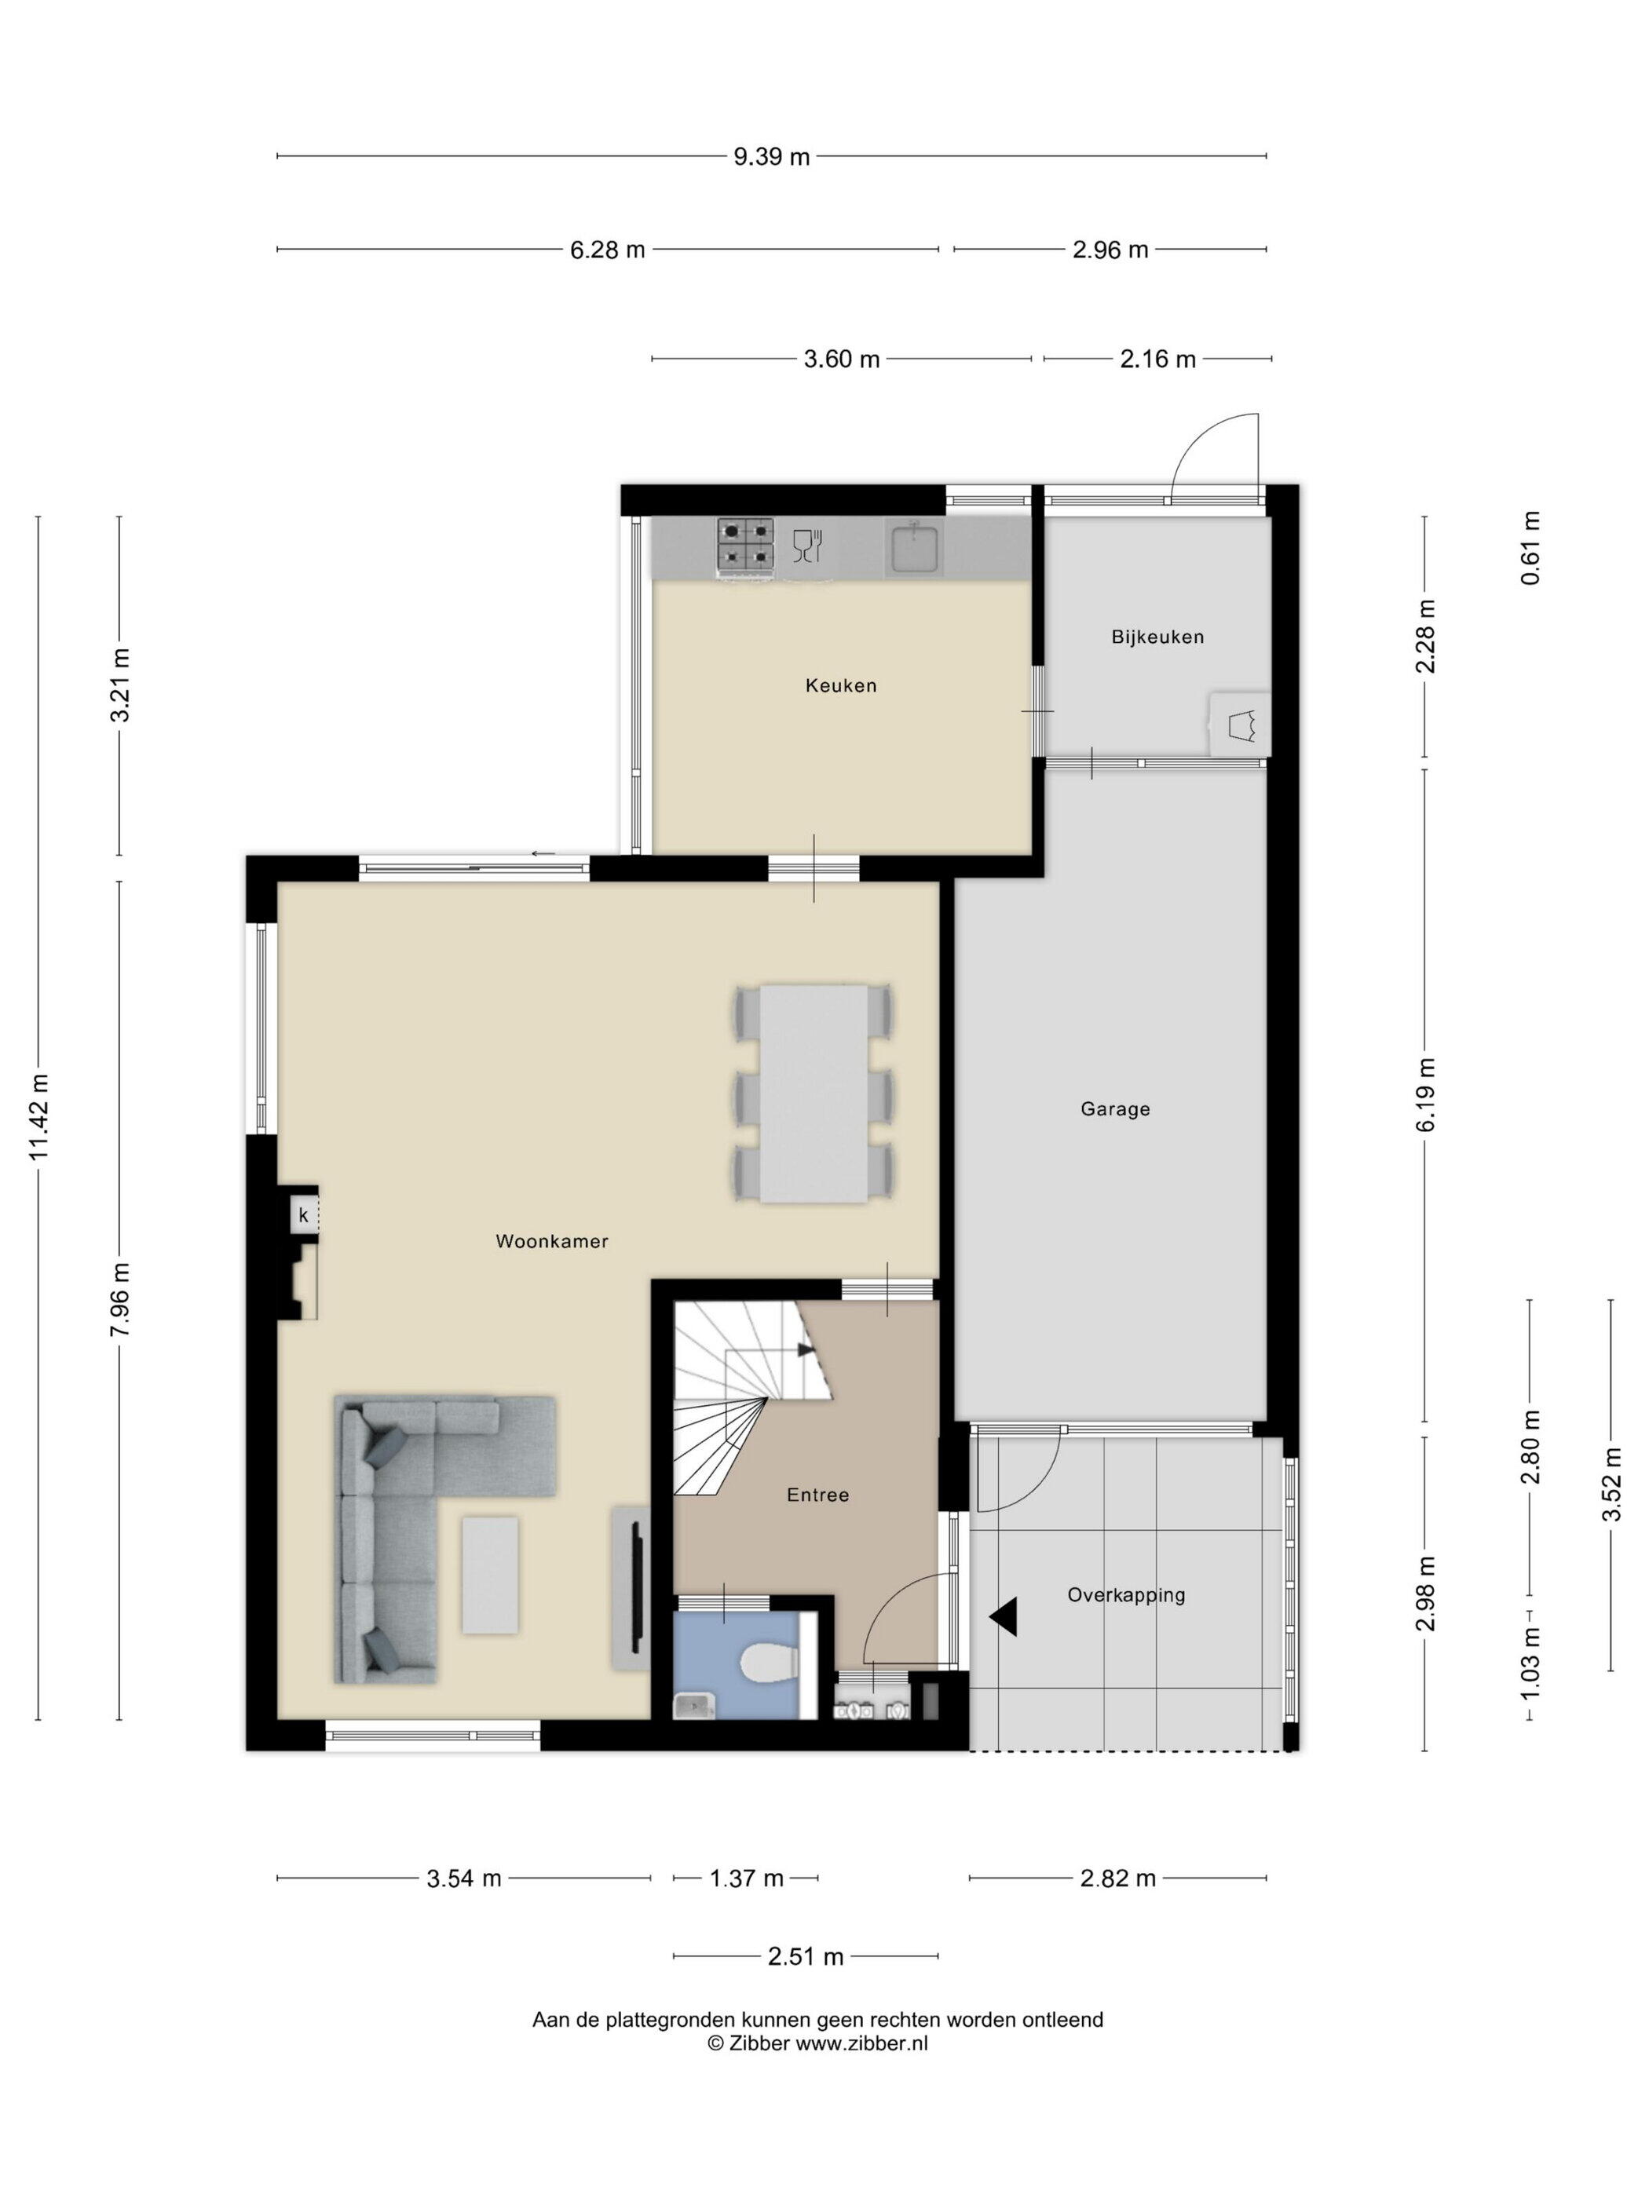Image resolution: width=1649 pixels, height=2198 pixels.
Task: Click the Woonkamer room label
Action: pos(552,1241)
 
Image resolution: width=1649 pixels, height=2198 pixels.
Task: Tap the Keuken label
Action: pos(841,685)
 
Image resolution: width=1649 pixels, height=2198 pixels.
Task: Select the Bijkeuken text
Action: pos(1157,637)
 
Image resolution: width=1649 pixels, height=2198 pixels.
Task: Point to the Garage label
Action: pos(1115,1109)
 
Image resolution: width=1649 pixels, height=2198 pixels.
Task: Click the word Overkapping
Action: pos(1126,1595)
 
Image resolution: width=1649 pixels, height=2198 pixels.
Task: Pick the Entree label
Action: pos(817,1495)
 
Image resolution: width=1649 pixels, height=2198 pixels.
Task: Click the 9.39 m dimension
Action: pos(771,156)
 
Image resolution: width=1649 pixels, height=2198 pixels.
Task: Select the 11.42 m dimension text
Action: pos(38,1117)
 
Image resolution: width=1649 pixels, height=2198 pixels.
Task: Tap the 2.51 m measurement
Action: pos(805,1956)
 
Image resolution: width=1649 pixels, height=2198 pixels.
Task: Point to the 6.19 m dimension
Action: pos(1426,1094)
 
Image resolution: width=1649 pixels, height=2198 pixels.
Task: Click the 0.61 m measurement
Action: pos(1530,547)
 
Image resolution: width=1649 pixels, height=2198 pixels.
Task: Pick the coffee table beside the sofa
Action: pos(489,1575)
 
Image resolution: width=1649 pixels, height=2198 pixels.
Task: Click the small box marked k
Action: pos(303,1215)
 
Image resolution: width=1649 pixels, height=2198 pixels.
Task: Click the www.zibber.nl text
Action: pos(861,2044)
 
